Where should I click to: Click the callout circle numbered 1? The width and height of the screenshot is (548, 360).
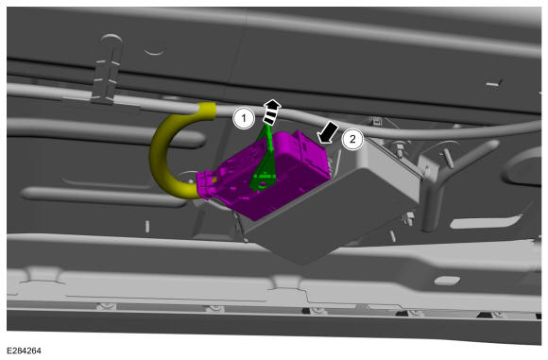point(244,118)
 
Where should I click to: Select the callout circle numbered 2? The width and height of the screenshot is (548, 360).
point(352,139)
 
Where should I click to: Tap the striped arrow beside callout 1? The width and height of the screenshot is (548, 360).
point(271,111)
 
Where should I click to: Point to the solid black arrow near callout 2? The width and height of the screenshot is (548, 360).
point(328,132)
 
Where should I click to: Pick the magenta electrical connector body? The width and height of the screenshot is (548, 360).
point(265,175)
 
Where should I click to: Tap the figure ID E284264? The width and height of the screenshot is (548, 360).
point(24,351)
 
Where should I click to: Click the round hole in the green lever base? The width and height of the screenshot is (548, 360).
point(262,183)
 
